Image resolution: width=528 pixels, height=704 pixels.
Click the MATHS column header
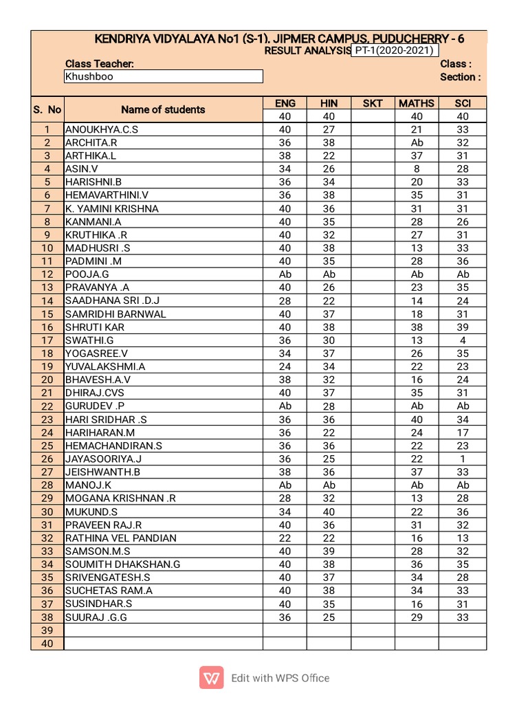pyautogui.click(x=417, y=103)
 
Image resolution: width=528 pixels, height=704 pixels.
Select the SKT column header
pyautogui.click(x=373, y=103)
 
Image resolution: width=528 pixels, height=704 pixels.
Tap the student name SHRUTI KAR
pyautogui.click(x=95, y=327)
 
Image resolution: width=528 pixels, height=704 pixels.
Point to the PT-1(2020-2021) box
pyautogui.click(x=395, y=50)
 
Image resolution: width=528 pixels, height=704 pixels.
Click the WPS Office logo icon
pyautogui.click(x=212, y=678)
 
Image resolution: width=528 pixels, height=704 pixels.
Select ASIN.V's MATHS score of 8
pyautogui.click(x=417, y=169)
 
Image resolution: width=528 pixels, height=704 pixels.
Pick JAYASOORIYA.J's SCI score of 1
pyautogui.click(x=463, y=459)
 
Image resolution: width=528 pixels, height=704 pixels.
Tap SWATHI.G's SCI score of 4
pyautogui.click(x=463, y=340)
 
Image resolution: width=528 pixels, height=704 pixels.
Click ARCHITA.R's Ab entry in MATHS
pyautogui.click(x=417, y=143)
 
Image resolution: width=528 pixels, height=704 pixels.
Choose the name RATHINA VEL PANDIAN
pyautogui.click(x=121, y=538)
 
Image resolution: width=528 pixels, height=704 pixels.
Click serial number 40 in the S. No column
pyautogui.click(x=47, y=643)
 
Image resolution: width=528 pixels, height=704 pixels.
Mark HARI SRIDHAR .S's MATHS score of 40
pyautogui.click(x=417, y=419)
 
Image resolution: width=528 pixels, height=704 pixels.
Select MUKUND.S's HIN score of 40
pyautogui.click(x=329, y=511)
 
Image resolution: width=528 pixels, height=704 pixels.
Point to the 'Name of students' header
pyautogui.click(x=163, y=109)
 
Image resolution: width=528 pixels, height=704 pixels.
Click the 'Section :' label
pyautogui.click(x=460, y=77)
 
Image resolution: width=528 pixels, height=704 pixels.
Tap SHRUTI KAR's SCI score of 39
pyautogui.click(x=463, y=327)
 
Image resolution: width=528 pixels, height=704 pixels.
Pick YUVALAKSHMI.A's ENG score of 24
pyautogui.click(x=285, y=366)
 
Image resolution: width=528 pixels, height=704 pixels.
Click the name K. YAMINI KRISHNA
pyautogui.click(x=112, y=208)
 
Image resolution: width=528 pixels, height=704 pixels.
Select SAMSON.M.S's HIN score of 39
pyautogui.click(x=329, y=551)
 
